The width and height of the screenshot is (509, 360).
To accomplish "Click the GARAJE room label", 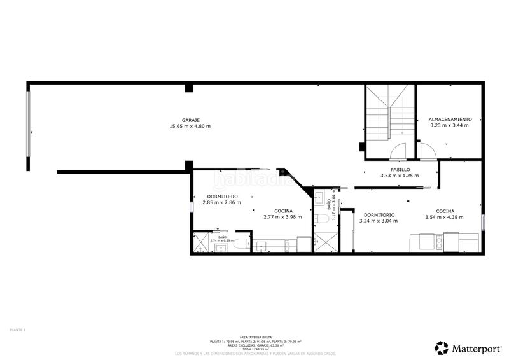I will point(191,120).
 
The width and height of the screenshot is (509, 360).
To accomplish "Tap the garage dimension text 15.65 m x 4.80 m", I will point(190,126).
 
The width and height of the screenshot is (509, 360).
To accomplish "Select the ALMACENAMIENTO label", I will point(450,119).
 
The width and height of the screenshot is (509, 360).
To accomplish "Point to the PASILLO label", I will point(395,170).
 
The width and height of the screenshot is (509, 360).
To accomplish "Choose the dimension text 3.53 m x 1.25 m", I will point(395,176).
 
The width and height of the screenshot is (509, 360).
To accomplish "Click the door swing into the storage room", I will point(426,151).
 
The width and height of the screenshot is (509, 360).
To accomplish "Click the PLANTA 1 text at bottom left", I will point(17,329).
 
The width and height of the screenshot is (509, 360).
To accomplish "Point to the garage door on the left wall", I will point(27,130).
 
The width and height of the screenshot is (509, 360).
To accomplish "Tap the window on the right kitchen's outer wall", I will point(482,223).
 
